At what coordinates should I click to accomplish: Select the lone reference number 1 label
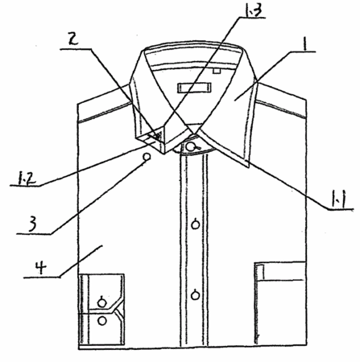[304, 43]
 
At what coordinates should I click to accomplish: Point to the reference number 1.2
[27, 179]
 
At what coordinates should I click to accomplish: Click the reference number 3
[32, 224]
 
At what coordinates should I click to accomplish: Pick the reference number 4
[40, 267]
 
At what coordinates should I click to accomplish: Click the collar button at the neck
[191, 146]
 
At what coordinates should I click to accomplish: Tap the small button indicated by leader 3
[147, 157]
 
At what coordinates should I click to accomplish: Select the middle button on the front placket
[196, 224]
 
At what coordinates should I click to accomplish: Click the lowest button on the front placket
[196, 295]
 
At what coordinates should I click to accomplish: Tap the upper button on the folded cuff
[101, 303]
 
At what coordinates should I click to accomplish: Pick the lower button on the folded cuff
[102, 321]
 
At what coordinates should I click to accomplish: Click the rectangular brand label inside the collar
[194, 88]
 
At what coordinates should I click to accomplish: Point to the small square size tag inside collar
[217, 71]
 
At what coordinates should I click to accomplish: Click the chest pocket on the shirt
[280, 303]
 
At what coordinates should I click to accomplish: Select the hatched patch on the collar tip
[158, 135]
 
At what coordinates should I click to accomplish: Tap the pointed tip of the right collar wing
[248, 167]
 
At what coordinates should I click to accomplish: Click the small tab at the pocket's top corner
[260, 272]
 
